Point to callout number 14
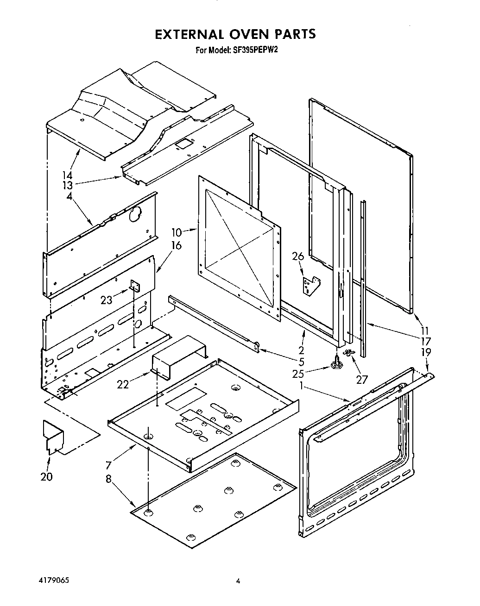click(68, 175)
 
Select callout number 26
click(298, 256)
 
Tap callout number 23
click(106, 300)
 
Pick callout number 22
click(123, 384)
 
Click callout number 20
click(46, 476)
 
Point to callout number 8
click(109, 479)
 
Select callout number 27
click(361, 380)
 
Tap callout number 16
click(177, 245)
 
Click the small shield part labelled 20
click(53, 435)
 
